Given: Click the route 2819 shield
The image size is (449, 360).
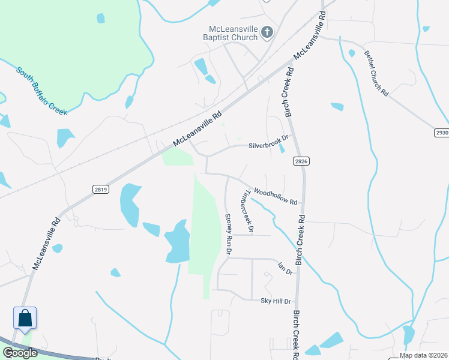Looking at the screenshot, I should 101,189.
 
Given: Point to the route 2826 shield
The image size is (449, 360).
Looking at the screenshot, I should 301,161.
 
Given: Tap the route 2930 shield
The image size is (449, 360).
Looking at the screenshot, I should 441,132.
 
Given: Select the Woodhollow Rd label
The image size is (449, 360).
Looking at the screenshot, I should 276,196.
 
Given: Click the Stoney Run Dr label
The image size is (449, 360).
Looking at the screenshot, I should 228,234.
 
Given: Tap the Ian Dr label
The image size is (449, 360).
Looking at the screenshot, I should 285,268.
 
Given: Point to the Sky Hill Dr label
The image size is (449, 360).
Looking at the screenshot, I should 276,301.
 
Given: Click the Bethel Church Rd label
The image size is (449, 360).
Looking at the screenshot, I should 376,73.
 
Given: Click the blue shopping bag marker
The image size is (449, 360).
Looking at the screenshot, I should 25,317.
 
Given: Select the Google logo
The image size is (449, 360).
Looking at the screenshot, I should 20,353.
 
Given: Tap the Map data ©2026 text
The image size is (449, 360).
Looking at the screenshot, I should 423,355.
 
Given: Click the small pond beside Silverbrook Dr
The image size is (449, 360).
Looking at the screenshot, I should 282,148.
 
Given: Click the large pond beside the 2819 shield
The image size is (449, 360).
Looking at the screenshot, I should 129,204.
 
